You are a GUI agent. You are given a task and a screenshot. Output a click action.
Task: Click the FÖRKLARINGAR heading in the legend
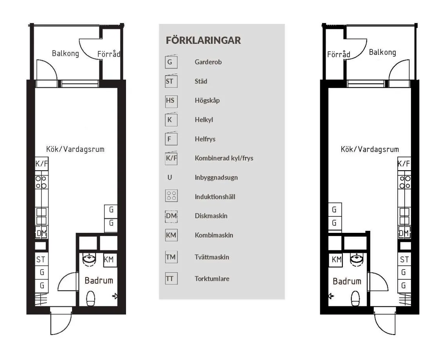tap(203, 40)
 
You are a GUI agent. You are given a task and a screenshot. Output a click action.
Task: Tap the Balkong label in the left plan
tap(65, 53)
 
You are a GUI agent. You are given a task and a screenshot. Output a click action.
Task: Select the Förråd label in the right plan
tap(339, 54)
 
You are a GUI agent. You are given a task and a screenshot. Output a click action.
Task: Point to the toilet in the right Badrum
tap(355, 299)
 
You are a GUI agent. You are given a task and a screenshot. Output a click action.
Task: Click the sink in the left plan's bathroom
tap(90, 259)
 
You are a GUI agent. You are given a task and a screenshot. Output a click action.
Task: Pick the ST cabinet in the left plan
tap(41, 259)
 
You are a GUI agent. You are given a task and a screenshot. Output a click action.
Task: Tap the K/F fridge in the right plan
tap(404, 164)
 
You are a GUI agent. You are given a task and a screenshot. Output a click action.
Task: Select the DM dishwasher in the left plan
tap(41, 233)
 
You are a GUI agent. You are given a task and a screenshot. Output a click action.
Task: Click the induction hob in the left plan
tap(41, 182)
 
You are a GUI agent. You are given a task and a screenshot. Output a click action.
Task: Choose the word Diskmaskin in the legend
tap(211, 216)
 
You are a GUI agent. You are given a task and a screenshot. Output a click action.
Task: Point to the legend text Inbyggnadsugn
tap(216, 177)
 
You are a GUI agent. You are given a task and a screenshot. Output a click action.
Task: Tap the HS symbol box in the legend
tap(171, 101)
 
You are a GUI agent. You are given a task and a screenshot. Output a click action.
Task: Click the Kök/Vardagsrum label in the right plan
tap(369, 149)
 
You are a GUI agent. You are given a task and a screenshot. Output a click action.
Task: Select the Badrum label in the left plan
tap(99, 280)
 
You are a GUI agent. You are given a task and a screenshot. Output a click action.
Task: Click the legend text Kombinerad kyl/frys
tap(224, 158)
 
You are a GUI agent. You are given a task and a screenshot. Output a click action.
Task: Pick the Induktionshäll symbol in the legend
tap(171, 196)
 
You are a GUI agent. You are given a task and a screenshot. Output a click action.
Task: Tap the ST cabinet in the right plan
tap(404, 259)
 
